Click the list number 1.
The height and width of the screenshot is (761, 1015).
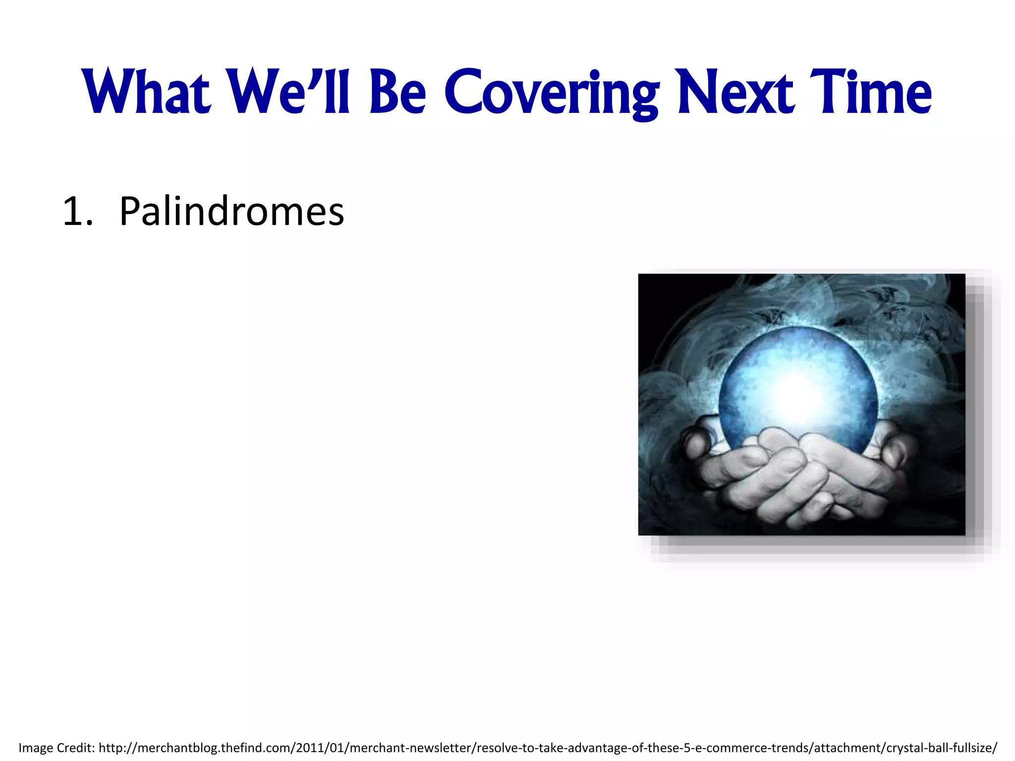[74, 212]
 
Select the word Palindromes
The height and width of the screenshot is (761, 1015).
[231, 212]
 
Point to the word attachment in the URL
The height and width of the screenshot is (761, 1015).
[847, 748]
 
